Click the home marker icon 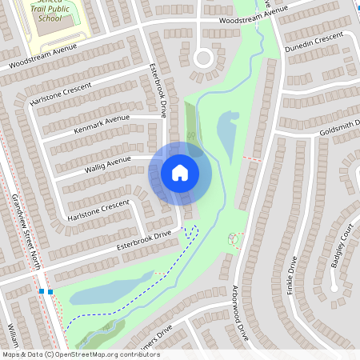pyautogui.click(x=180, y=172)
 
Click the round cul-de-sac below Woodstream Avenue pyautogui.click(x=202, y=57)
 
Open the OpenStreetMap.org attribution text pyautogui.click(x=80, y=354)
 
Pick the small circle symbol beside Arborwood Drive pyautogui.click(x=234, y=238)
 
